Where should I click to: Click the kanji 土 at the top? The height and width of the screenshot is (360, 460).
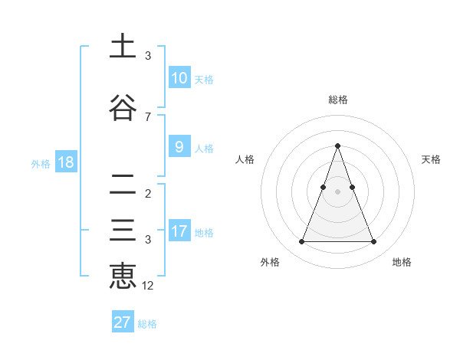point(123,47)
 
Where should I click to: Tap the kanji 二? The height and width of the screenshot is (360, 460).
point(123,185)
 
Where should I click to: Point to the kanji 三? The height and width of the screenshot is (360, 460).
point(123,231)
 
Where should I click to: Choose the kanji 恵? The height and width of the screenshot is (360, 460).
point(123,277)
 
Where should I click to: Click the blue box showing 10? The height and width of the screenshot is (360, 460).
point(179,78)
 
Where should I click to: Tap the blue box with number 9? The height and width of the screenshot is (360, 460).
point(179,148)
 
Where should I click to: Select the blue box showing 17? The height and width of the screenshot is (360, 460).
point(179,231)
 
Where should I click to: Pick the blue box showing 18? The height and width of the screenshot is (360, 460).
point(65,162)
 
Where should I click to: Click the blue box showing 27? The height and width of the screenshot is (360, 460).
point(123,322)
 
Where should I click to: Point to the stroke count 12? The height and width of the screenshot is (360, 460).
point(148,286)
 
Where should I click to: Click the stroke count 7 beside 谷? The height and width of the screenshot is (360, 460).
point(148,117)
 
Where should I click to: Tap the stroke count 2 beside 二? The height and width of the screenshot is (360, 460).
point(148,194)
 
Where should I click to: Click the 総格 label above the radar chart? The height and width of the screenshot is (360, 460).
point(338,100)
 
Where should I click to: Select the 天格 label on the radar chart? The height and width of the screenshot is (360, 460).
point(432,159)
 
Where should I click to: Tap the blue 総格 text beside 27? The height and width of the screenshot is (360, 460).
point(147,324)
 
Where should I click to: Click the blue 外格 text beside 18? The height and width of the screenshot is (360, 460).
point(41,163)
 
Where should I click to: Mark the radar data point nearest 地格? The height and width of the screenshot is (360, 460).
point(374,242)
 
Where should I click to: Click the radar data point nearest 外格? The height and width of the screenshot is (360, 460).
point(301,242)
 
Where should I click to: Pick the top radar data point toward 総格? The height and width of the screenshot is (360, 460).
point(338,146)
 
